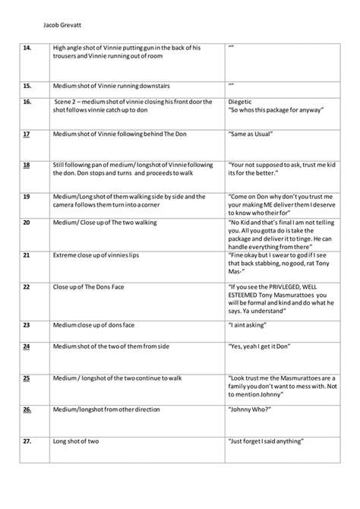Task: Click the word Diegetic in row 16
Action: pyautogui.click(x=243, y=102)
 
